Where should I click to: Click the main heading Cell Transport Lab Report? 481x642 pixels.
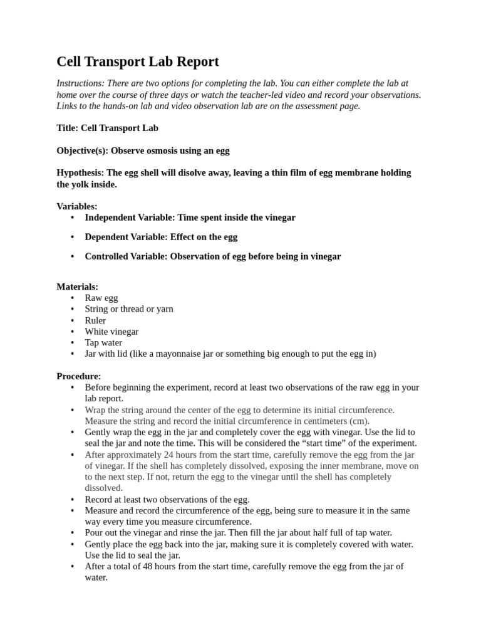pyautogui.click(x=138, y=61)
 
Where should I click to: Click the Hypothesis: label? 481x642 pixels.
pyautogui.click(x=80, y=172)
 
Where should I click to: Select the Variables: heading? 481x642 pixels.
pyautogui.click(x=77, y=206)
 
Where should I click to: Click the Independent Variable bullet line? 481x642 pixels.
pyautogui.click(x=190, y=218)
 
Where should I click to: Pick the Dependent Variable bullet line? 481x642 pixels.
pyautogui.click(x=161, y=237)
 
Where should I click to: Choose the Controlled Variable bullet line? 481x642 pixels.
pyautogui.click(x=212, y=256)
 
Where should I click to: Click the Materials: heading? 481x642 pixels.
pyautogui.click(x=77, y=287)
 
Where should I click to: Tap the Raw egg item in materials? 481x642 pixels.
pyautogui.click(x=101, y=298)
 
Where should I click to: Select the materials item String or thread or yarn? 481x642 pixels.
pyautogui.click(x=129, y=309)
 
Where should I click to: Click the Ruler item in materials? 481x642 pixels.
pyautogui.click(x=95, y=320)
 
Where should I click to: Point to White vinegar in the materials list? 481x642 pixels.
pyautogui.click(x=111, y=332)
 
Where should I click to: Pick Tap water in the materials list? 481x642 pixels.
pyautogui.click(x=103, y=343)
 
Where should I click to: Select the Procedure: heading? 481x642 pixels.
pyautogui.click(x=78, y=376)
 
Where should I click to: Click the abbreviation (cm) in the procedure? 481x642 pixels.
pyautogui.click(x=359, y=421)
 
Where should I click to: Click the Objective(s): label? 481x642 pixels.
pyautogui.click(x=82, y=150)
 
